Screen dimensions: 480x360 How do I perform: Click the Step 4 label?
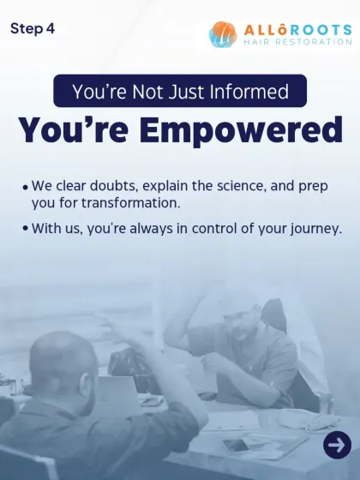pos(33,28)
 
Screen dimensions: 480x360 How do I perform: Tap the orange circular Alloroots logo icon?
pos(223,34)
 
